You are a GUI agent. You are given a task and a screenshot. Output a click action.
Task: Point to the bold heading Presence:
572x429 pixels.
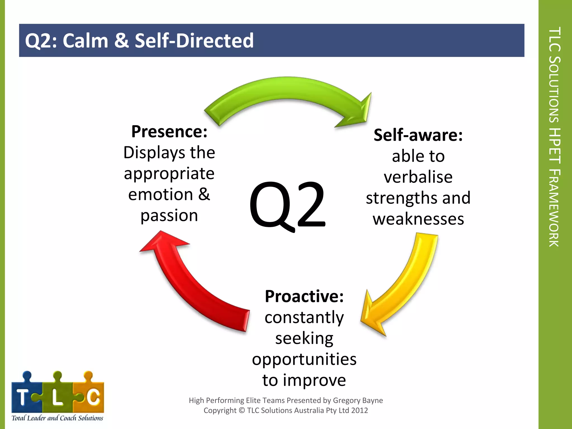pos(169,132)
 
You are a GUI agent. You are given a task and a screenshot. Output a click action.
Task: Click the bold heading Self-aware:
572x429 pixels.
pos(418,135)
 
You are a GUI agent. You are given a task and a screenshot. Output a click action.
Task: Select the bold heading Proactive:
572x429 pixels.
pos(304,296)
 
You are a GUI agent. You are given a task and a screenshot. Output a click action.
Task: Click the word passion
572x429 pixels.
pos(169,216)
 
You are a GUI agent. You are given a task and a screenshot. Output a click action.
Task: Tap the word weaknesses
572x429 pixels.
pos(418,219)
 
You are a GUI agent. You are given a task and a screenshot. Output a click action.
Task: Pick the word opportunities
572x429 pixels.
pos(304,359)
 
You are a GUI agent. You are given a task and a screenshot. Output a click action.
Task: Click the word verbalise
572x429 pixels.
pos(418,177)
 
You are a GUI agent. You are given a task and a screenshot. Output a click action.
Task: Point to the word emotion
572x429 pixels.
pos(161,194)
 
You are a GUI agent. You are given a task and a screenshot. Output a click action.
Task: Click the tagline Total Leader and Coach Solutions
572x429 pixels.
pos(57,418)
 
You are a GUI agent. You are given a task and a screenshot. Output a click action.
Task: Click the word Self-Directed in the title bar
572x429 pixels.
pos(194,41)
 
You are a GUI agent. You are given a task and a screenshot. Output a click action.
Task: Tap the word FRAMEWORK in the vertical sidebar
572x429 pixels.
pos(554,208)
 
